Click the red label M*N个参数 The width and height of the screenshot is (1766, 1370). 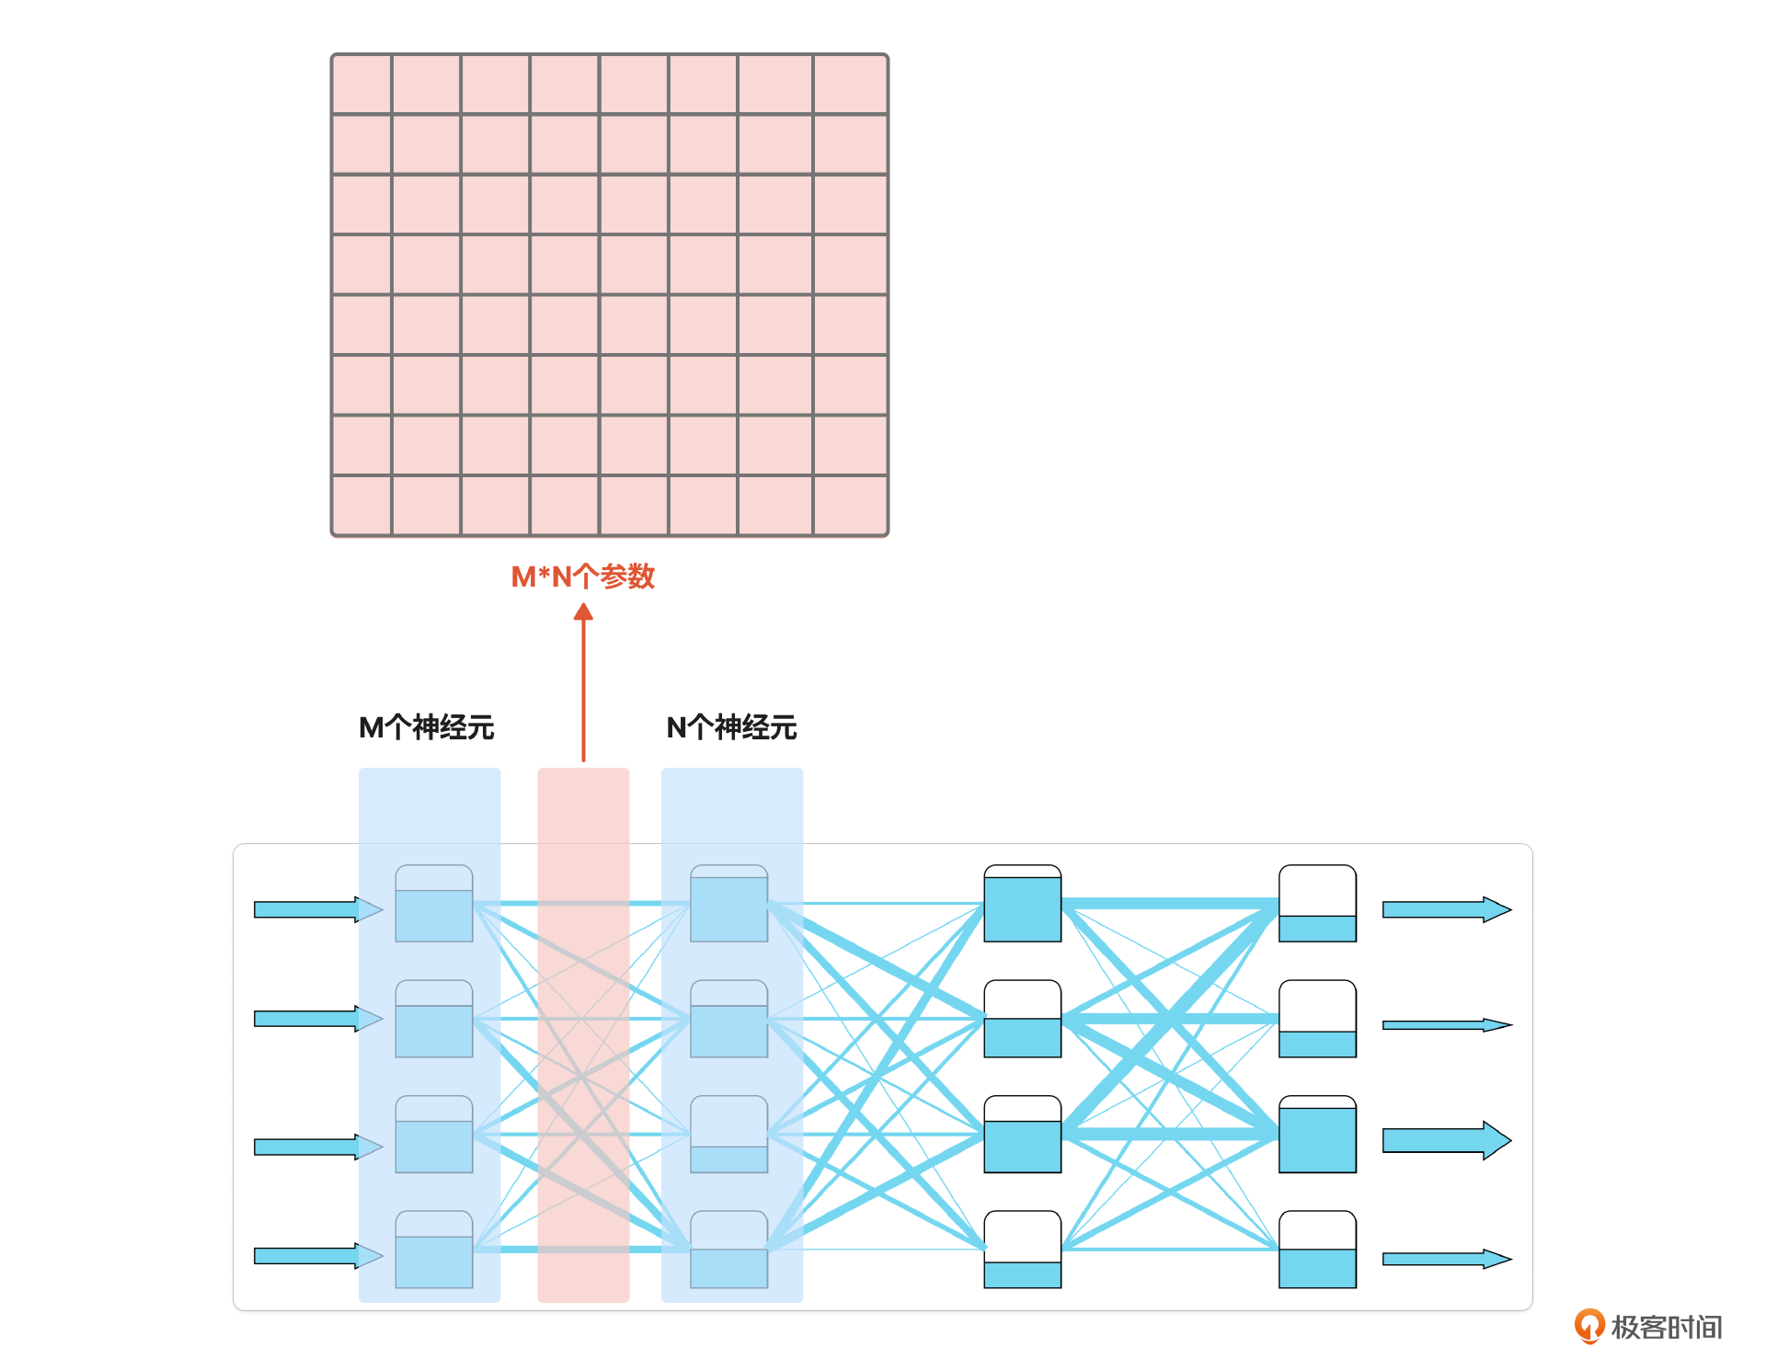pos(582,577)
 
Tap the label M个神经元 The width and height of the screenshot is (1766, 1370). pos(427,727)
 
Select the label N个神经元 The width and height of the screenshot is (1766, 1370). pos(731,727)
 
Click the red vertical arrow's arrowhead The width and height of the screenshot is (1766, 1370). pos(583,612)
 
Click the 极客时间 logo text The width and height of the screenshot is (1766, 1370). pos(1666,1327)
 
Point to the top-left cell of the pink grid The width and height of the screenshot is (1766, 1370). pos(361,85)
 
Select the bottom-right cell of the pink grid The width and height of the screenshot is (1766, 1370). pos(851,505)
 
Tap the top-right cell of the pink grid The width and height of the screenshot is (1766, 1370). pos(851,85)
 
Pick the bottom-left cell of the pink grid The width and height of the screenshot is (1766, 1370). pos(361,505)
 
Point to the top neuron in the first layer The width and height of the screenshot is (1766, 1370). pos(434,903)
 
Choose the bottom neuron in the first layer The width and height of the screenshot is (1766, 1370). pos(434,1250)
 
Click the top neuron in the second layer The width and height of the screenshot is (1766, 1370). pos(729,903)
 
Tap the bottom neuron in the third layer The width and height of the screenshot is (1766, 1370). pos(1023,1250)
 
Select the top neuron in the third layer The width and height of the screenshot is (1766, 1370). pos(1023,903)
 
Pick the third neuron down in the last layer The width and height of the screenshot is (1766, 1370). pos(1318,1134)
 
